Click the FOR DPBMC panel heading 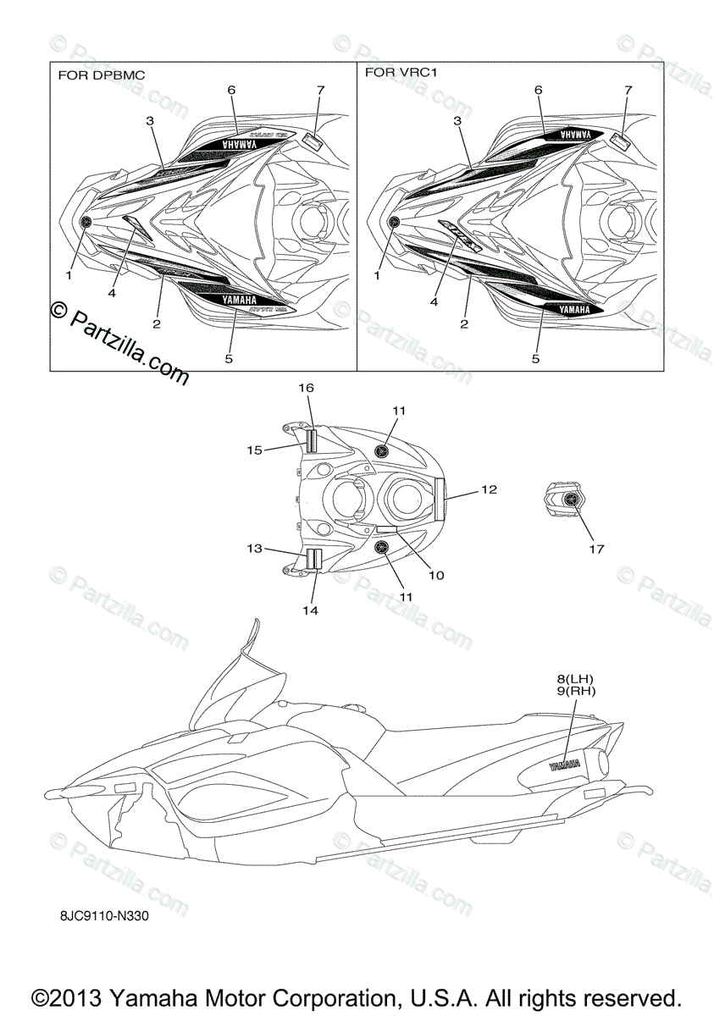(101, 75)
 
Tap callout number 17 (596, 549)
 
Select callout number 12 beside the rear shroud (489, 489)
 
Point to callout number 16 (306, 387)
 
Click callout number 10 (435, 575)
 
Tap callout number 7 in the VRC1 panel (628, 89)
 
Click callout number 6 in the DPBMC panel (231, 89)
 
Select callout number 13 (254, 549)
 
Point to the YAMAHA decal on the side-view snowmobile (565, 765)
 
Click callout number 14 (310, 610)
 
